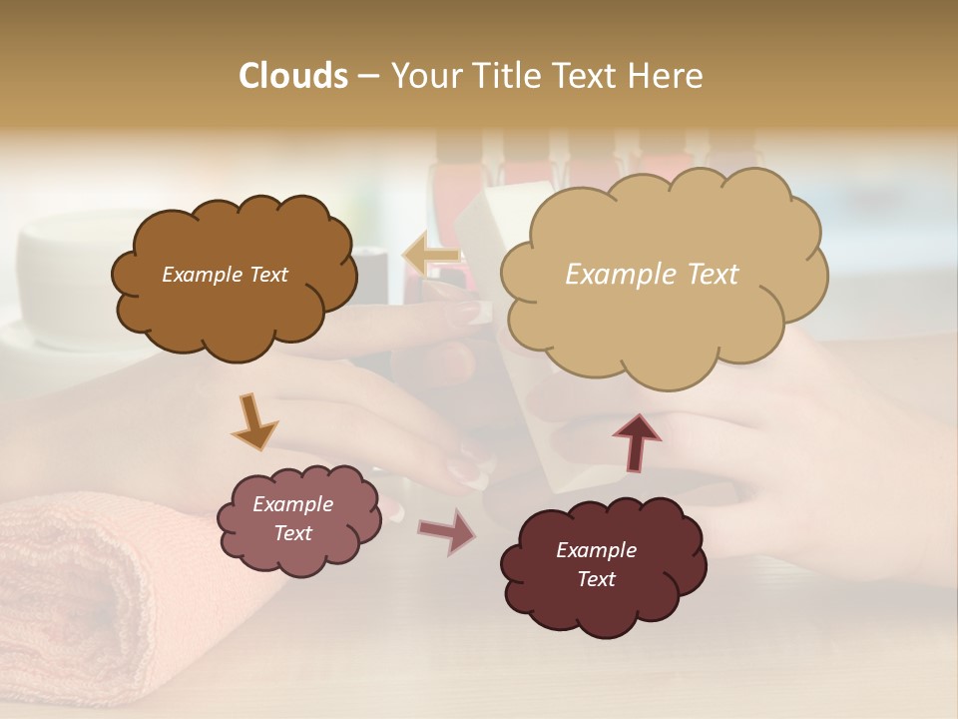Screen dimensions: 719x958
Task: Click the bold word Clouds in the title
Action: click(292, 76)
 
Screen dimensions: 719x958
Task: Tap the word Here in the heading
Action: click(665, 76)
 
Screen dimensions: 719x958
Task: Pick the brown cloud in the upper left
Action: click(235, 320)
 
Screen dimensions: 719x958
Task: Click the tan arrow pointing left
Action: click(431, 256)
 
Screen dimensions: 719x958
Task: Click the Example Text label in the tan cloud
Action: click(652, 275)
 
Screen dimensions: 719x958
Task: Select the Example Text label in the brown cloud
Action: click(225, 275)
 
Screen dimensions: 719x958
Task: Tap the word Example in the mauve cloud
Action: click(292, 504)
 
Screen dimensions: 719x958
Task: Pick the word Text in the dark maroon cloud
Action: click(596, 579)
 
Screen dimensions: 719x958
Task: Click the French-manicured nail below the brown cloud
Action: click(469, 469)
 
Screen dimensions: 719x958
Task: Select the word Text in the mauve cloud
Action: click(292, 533)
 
